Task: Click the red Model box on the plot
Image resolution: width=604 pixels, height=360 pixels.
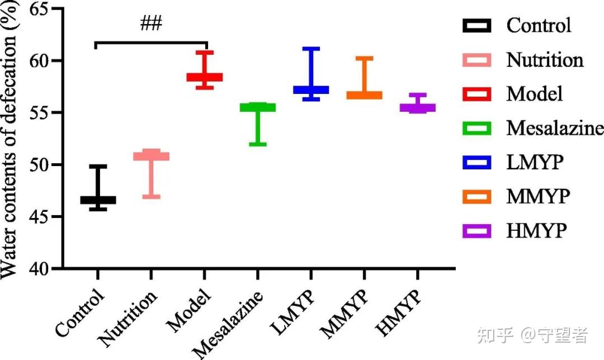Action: [204, 77]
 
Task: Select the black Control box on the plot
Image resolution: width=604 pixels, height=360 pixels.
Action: [98, 200]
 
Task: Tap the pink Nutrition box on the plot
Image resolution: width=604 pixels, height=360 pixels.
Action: [151, 156]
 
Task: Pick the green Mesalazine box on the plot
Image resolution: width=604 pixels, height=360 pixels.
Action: [258, 107]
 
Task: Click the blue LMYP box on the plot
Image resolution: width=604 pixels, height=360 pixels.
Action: [311, 89]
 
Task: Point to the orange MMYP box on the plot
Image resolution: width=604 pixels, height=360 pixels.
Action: [364, 95]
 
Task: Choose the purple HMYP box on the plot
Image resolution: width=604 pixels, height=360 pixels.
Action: [417, 107]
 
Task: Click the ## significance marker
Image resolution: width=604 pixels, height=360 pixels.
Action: [151, 24]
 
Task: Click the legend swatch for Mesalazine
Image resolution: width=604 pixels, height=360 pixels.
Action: [477, 128]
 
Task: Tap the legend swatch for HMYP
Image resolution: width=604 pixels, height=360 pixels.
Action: [477, 230]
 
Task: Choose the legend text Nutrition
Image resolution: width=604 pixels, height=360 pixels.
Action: [545, 60]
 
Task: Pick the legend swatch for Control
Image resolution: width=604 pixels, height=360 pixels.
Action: [477, 26]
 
